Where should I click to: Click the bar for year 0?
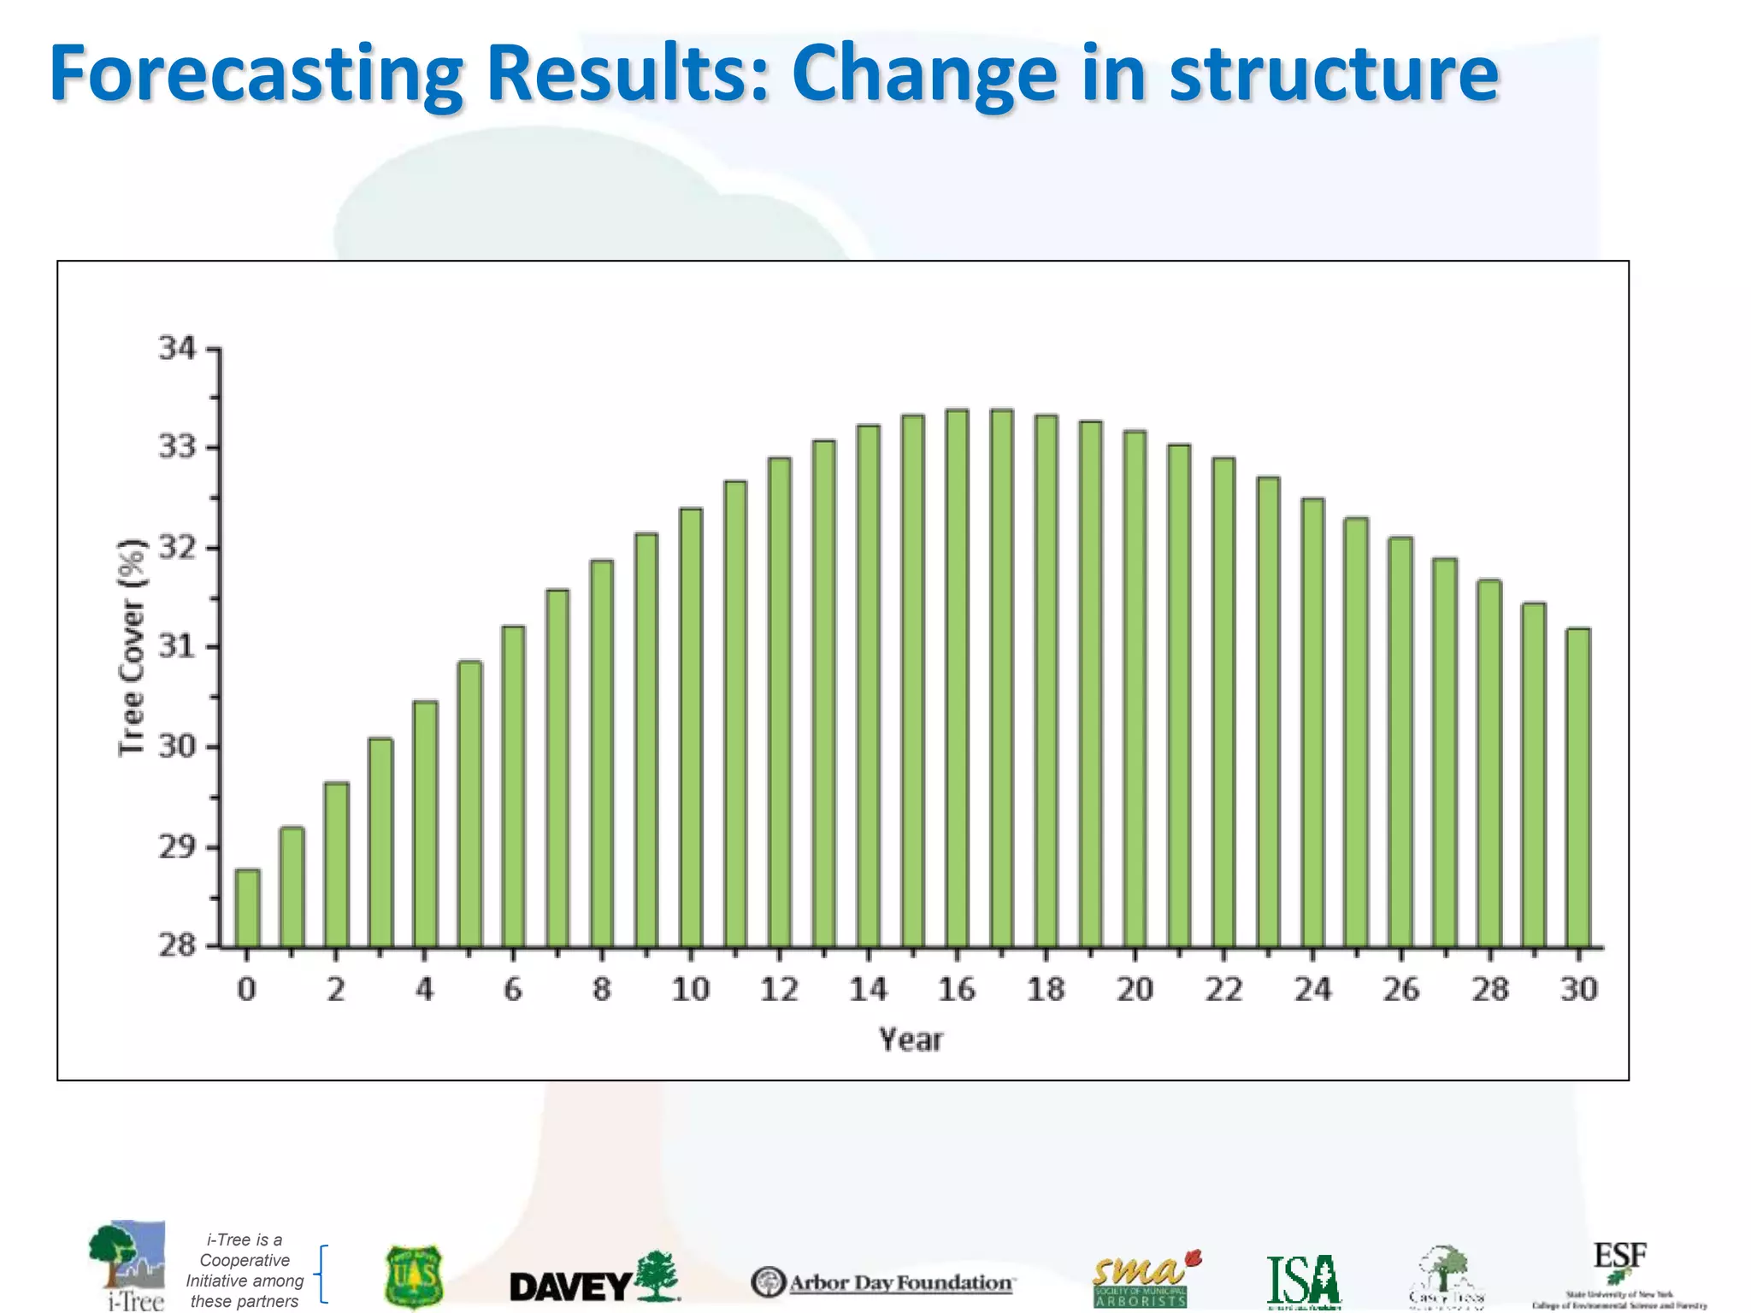pyautogui.click(x=247, y=908)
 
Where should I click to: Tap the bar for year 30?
pyautogui.click(x=1578, y=787)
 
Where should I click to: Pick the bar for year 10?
pyautogui.click(x=691, y=727)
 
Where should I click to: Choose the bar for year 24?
pyautogui.click(x=1312, y=722)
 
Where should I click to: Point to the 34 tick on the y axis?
pyautogui.click(x=177, y=349)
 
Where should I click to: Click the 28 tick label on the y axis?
pyautogui.click(x=177, y=945)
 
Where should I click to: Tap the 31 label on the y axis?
pyautogui.click(x=177, y=647)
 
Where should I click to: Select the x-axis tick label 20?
pyautogui.click(x=1135, y=990)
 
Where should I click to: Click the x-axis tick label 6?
pyautogui.click(x=513, y=990)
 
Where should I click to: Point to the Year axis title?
pyautogui.click(x=911, y=1040)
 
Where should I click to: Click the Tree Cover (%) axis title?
pyautogui.click(x=132, y=647)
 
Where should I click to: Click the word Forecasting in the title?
pyautogui.click(x=256, y=75)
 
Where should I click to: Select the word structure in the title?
pyautogui.click(x=1334, y=75)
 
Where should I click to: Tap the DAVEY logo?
pyautogui.click(x=594, y=1279)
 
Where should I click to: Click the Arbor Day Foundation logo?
pyautogui.click(x=883, y=1282)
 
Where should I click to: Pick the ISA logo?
pyautogui.click(x=1303, y=1281)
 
